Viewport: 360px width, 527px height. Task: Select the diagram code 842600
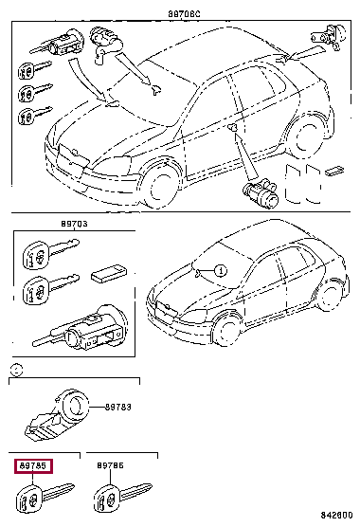335,515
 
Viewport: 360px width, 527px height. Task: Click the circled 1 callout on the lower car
219,270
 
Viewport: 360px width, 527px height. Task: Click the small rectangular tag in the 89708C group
335,173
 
